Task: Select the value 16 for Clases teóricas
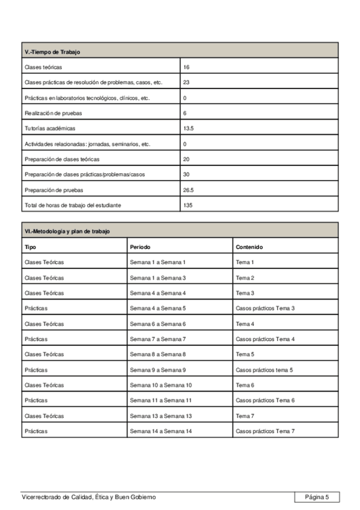[x=186, y=67]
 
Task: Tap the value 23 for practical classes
[x=186, y=82]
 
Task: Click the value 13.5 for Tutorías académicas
[x=188, y=129]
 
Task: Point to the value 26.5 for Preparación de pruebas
[x=188, y=190]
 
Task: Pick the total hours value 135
[x=188, y=205]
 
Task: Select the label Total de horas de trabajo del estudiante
[x=72, y=205]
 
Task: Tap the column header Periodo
[x=140, y=247]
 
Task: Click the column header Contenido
[x=249, y=247]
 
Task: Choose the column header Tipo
[x=30, y=247]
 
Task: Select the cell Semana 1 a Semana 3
[x=157, y=278]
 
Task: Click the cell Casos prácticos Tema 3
[x=265, y=309]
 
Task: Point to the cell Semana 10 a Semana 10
[x=160, y=385]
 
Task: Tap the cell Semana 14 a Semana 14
[x=160, y=431]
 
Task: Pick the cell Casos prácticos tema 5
[x=264, y=370]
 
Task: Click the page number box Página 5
[x=317, y=497]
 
